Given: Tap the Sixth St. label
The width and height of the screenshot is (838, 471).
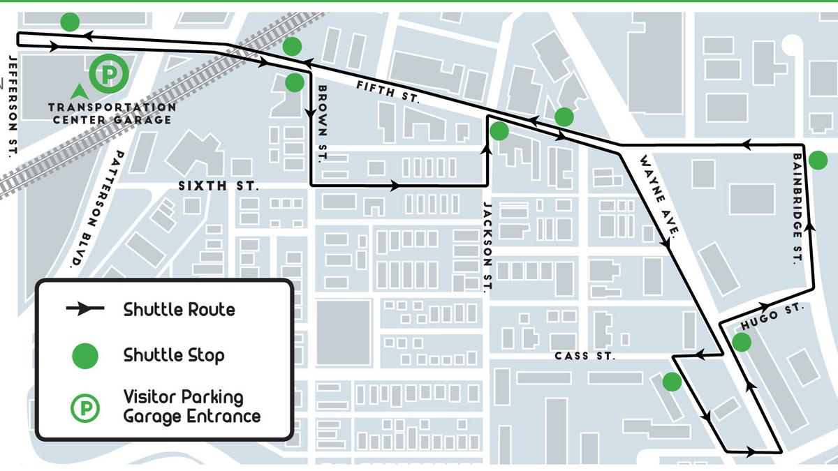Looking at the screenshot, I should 219,186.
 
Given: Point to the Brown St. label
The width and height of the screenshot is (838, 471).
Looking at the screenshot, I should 322,124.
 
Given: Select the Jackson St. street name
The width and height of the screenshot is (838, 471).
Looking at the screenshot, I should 488,247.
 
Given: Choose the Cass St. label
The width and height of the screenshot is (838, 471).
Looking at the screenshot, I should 585,357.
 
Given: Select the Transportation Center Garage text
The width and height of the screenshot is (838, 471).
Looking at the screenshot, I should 112,113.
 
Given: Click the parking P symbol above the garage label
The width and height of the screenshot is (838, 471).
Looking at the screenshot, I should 109,73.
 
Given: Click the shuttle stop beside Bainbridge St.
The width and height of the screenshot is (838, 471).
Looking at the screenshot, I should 818,161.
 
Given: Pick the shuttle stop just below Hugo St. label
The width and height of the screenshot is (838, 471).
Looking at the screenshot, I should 741,342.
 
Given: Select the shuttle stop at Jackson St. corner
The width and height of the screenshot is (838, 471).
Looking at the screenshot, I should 499,130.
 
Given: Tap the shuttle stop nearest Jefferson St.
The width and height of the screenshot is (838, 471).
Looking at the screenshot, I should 70,22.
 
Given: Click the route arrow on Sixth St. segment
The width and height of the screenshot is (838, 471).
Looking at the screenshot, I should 395,186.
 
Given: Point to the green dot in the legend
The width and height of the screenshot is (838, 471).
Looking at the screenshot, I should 85,356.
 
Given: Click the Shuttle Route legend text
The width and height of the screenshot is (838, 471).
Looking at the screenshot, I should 179,309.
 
